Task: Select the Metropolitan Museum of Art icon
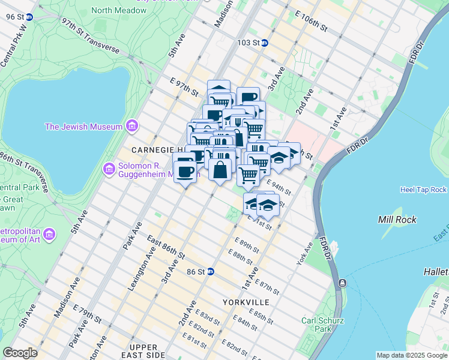point(50,233)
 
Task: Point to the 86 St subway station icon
point(211,271)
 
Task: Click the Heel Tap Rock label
point(423,190)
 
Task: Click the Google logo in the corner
point(20,352)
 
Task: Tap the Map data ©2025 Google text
point(412,355)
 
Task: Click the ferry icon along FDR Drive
point(342,283)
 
